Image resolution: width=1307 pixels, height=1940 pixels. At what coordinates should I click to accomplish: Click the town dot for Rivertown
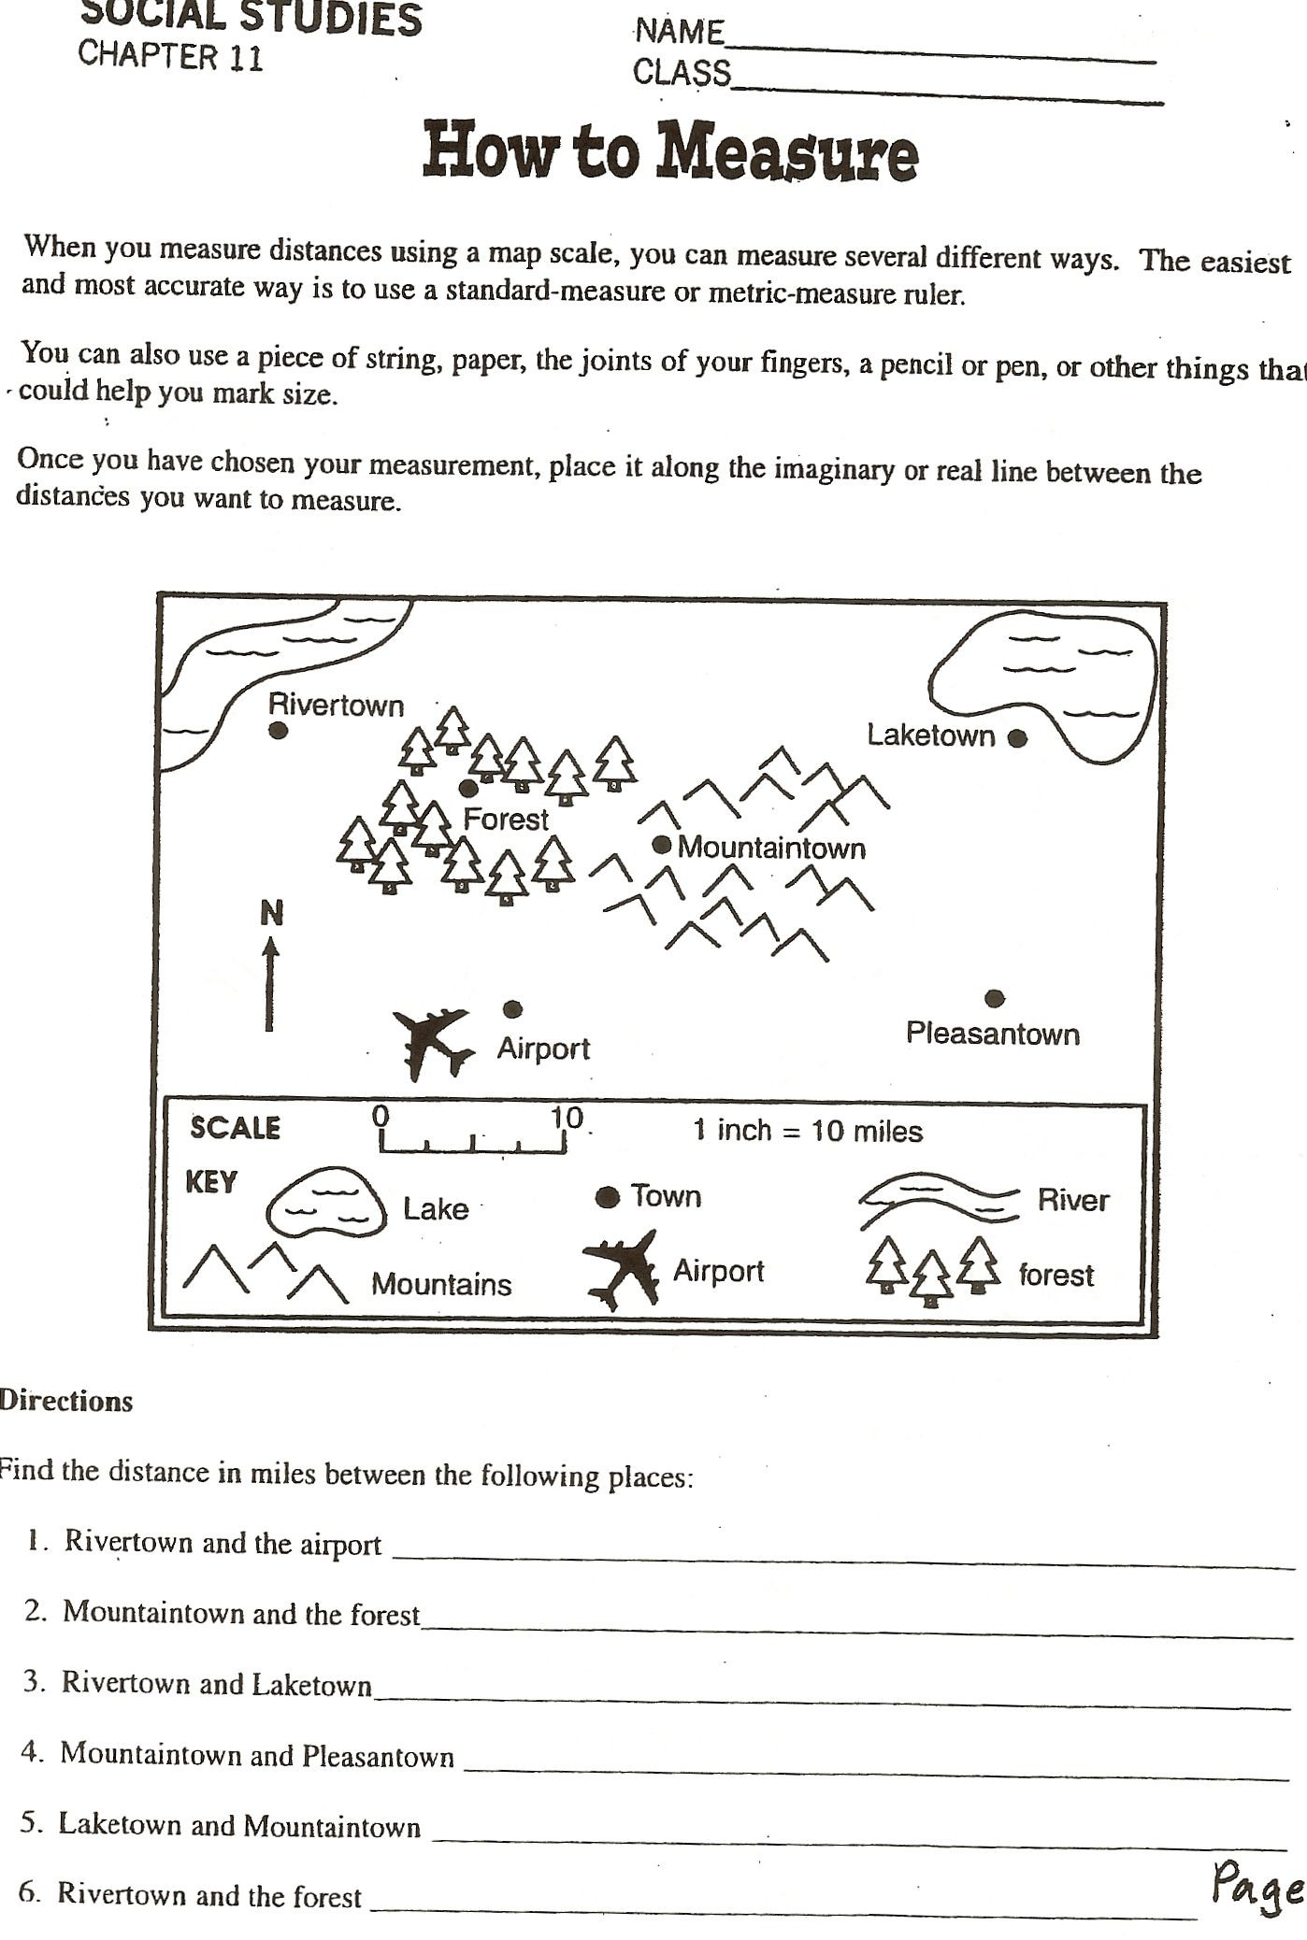[278, 731]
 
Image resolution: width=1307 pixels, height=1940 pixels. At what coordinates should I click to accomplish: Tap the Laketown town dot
[1018, 738]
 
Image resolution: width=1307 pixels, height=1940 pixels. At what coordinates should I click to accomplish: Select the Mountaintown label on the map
[771, 849]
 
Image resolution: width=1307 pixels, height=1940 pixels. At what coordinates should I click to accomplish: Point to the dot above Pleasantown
[995, 999]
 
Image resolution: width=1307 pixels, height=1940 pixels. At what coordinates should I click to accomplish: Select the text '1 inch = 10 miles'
[807, 1132]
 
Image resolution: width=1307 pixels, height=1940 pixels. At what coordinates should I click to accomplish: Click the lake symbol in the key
[325, 1203]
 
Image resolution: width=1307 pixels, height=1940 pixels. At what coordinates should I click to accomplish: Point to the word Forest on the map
[506, 820]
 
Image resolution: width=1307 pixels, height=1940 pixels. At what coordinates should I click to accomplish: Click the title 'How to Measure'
[669, 152]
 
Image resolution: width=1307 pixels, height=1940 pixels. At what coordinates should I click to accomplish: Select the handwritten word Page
[1257, 1883]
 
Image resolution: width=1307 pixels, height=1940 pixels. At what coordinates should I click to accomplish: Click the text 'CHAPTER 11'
[170, 56]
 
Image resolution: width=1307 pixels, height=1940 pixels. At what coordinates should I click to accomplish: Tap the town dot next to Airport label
[512, 1009]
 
